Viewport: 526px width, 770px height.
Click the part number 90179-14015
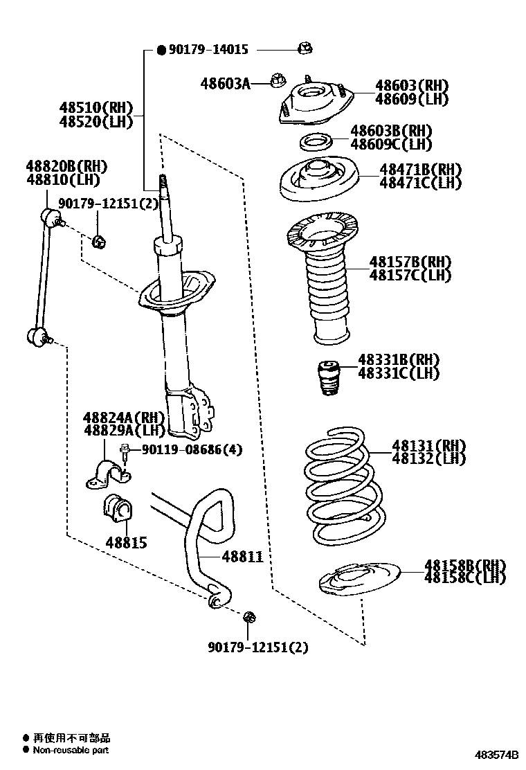(x=208, y=49)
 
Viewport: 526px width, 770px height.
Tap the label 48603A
(x=225, y=84)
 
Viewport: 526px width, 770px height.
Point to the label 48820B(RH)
(x=67, y=166)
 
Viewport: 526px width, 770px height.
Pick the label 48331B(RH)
(x=399, y=360)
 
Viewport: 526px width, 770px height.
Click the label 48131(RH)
(x=429, y=445)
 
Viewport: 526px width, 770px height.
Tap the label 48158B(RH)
(x=465, y=565)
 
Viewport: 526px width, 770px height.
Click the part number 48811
(x=242, y=556)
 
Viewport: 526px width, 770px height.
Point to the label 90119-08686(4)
(x=192, y=450)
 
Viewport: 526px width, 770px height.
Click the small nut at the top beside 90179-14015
(x=305, y=48)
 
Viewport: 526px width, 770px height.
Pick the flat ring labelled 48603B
(x=316, y=143)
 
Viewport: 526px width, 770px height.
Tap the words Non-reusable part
(x=71, y=750)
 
